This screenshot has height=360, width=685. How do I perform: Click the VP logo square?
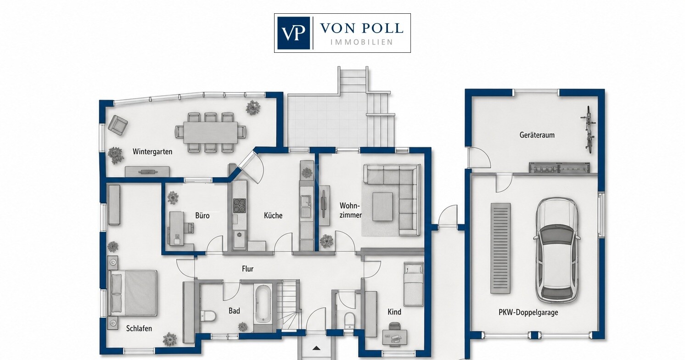click(293, 33)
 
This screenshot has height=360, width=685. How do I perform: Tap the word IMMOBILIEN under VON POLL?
click(362, 42)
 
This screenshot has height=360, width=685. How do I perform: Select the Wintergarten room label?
click(152, 152)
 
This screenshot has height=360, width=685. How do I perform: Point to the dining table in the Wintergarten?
click(210, 132)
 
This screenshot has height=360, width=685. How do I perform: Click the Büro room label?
click(202, 216)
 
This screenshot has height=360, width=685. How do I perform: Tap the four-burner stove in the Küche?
click(240, 206)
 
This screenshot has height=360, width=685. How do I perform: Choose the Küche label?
click(273, 216)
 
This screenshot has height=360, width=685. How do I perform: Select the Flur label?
click(248, 269)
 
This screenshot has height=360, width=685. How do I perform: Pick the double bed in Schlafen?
click(133, 292)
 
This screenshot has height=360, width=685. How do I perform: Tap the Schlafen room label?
click(139, 328)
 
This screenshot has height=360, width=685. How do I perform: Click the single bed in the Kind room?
click(413, 284)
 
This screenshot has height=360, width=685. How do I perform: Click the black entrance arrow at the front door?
click(316, 348)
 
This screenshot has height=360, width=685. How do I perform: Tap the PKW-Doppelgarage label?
click(528, 312)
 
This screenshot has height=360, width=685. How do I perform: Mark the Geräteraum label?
click(537, 135)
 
